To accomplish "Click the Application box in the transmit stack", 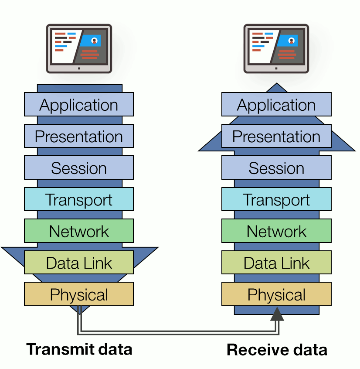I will coord(79,105).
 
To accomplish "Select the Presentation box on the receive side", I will coord(276,137).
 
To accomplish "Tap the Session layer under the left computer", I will coord(79,168).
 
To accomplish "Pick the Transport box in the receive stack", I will coord(276,199).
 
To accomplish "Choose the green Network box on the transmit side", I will coord(79,231).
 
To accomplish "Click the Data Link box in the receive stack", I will coord(276,263).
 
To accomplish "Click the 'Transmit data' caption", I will coord(79,349).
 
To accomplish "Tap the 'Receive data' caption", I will coord(277,350).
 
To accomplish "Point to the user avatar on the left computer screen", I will coord(94,41).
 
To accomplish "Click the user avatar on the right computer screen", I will coord(291,41).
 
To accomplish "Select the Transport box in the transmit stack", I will coord(79,199).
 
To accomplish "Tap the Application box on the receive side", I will coord(276,105).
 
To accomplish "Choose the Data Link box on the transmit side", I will coord(79,263).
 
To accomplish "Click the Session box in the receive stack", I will coord(276,168).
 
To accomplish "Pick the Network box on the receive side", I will coord(276,231).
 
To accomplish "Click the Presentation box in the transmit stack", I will coord(79,137).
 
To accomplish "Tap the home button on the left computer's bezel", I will coord(79,68).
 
